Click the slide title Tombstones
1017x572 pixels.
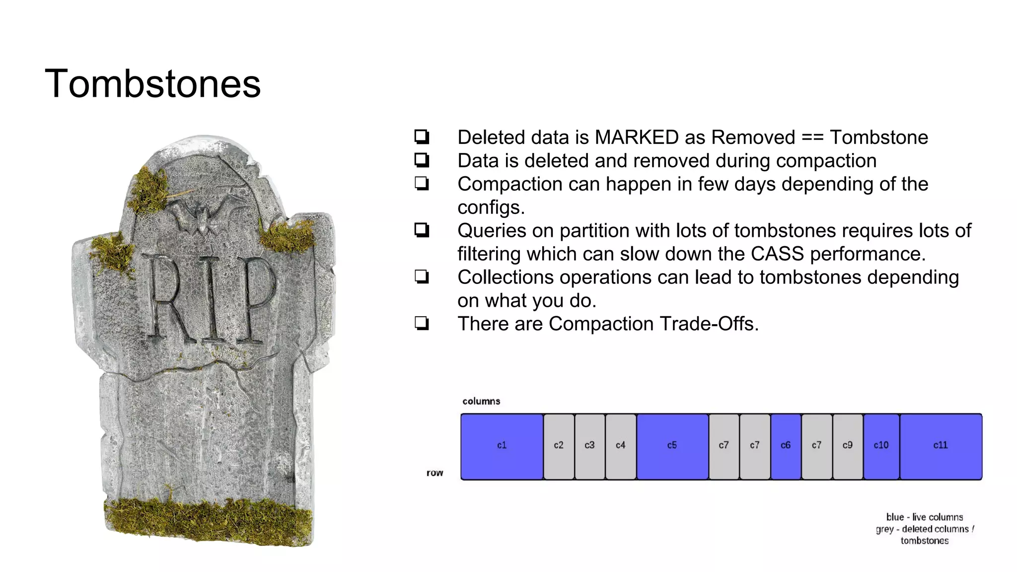point(152,83)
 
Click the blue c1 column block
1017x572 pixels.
point(502,446)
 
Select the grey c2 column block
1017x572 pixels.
point(559,446)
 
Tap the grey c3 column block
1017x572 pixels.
point(589,446)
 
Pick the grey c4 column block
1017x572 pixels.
point(620,446)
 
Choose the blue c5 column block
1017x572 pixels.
point(672,446)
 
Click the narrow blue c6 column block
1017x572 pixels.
point(785,446)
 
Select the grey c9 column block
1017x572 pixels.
point(847,446)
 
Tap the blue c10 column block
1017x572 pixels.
point(881,446)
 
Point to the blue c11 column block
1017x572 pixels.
point(941,446)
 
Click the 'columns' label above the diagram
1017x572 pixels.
point(481,401)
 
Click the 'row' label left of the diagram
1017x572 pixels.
point(435,473)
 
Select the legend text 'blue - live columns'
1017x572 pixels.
point(924,517)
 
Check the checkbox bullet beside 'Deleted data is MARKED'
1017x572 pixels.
point(422,137)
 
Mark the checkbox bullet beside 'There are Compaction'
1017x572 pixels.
point(422,324)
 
